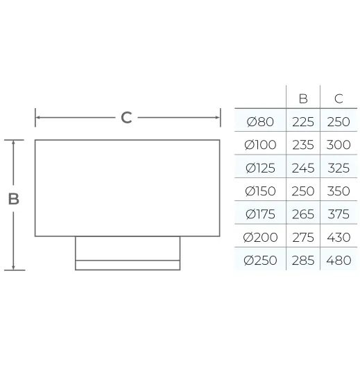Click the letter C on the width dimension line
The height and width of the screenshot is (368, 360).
126,118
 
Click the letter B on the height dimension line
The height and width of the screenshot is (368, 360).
14,199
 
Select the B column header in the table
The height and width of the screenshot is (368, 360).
303,98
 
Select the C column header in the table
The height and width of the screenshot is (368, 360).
338,98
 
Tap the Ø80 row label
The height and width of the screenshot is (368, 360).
260,122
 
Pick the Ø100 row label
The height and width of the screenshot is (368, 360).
260,145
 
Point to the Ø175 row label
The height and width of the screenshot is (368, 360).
260,214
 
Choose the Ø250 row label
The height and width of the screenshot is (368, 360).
260,261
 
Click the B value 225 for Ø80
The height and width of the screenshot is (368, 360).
303,122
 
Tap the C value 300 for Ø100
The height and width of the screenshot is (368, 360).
338,145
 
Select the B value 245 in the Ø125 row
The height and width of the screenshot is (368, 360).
303,168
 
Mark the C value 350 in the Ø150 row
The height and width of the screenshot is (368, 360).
338,191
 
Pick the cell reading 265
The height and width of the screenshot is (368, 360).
303,214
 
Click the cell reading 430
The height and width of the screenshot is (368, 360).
338,237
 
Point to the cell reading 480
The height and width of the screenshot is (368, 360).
338,261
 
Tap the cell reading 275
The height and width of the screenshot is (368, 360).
303,237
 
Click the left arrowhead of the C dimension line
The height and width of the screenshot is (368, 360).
37,118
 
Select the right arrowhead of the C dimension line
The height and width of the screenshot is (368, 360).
218,118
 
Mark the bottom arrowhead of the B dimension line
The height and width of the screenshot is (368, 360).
13,268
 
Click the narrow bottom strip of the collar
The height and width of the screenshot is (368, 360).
128,265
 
